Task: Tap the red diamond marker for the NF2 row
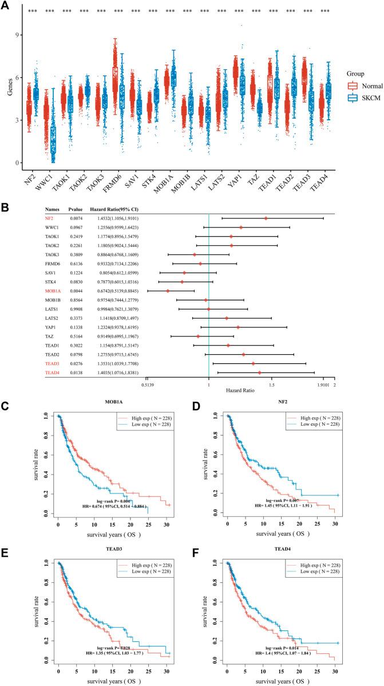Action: click(x=266, y=218)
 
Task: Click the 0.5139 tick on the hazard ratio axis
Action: click(x=147, y=377)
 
